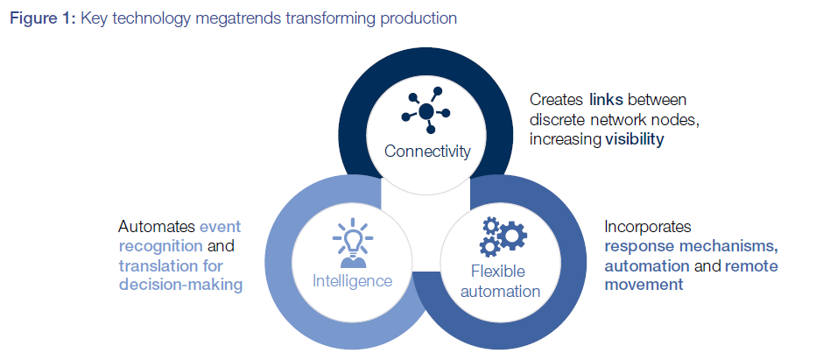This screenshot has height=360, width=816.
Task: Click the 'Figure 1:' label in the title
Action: [x=43, y=18]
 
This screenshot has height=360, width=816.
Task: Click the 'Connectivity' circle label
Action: [x=427, y=151]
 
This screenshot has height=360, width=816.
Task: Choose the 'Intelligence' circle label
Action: [x=353, y=281]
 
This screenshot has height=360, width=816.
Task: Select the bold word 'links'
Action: [x=606, y=100]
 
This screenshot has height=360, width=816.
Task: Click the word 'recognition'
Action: [x=162, y=246]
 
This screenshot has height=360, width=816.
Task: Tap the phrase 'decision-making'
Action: [x=179, y=284]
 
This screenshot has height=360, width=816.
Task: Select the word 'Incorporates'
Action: [x=647, y=226]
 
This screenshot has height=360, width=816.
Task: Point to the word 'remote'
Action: [x=751, y=265]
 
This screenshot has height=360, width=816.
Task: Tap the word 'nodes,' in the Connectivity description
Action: [x=680, y=119]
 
